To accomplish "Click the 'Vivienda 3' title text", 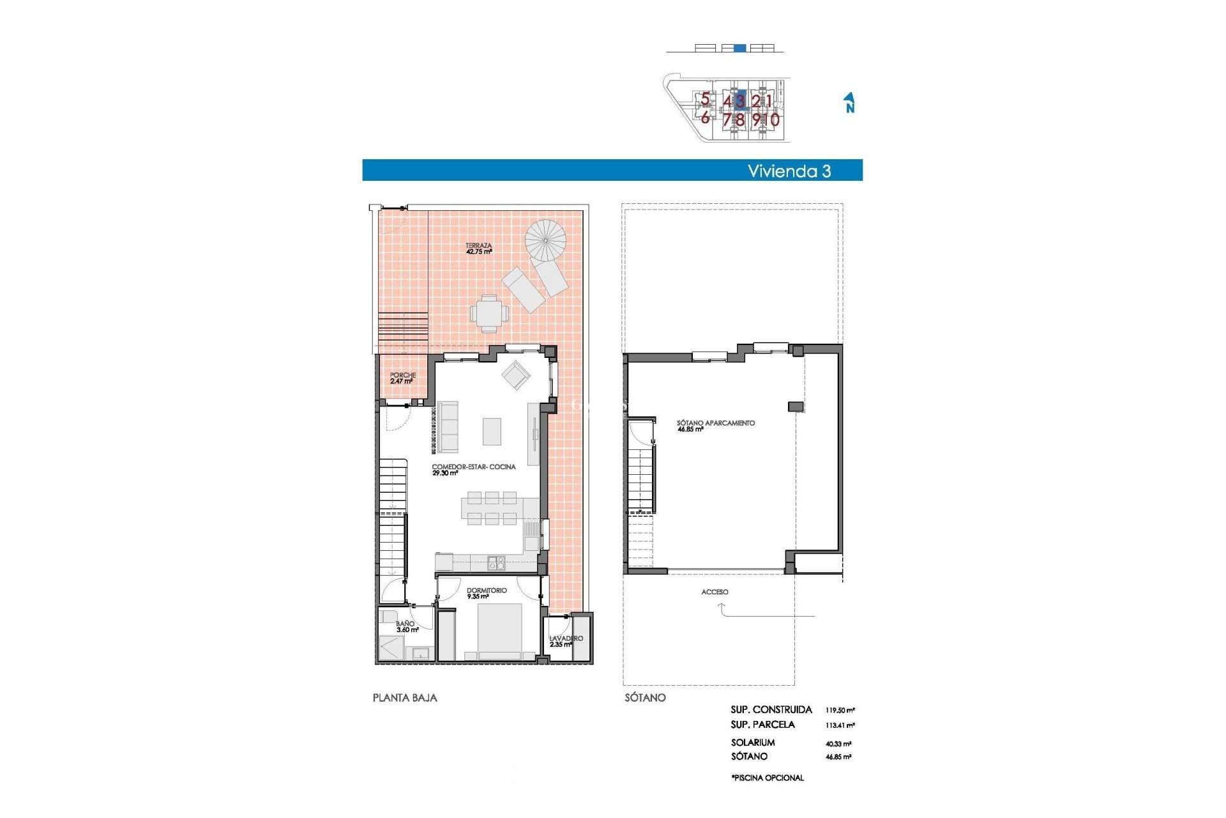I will pyautogui.click(x=789, y=171).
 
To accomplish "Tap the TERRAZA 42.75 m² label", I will pyautogui.click(x=478, y=249).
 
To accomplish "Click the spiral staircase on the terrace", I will pyautogui.click(x=545, y=240).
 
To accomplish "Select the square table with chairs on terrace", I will pyautogui.click(x=489, y=313).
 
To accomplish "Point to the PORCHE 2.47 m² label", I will pyautogui.click(x=402, y=378).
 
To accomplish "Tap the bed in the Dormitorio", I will pyautogui.click(x=499, y=629).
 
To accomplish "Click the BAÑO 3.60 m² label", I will pyautogui.click(x=406, y=626).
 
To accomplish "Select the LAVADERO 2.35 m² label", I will pyautogui.click(x=565, y=641).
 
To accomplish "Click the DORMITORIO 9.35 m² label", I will pyautogui.click(x=486, y=593).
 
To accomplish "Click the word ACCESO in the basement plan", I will pyautogui.click(x=715, y=592).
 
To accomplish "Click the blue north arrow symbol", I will pyautogui.click(x=849, y=102).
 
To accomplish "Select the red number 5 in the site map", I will pyautogui.click(x=705, y=99).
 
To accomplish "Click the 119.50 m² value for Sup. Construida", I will pyautogui.click(x=840, y=710).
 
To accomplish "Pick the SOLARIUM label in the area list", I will pyautogui.click(x=753, y=743).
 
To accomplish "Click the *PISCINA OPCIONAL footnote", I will pyautogui.click(x=768, y=778).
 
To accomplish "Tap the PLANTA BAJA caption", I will pyautogui.click(x=405, y=698).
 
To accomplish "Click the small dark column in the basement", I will pyautogui.click(x=796, y=406).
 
